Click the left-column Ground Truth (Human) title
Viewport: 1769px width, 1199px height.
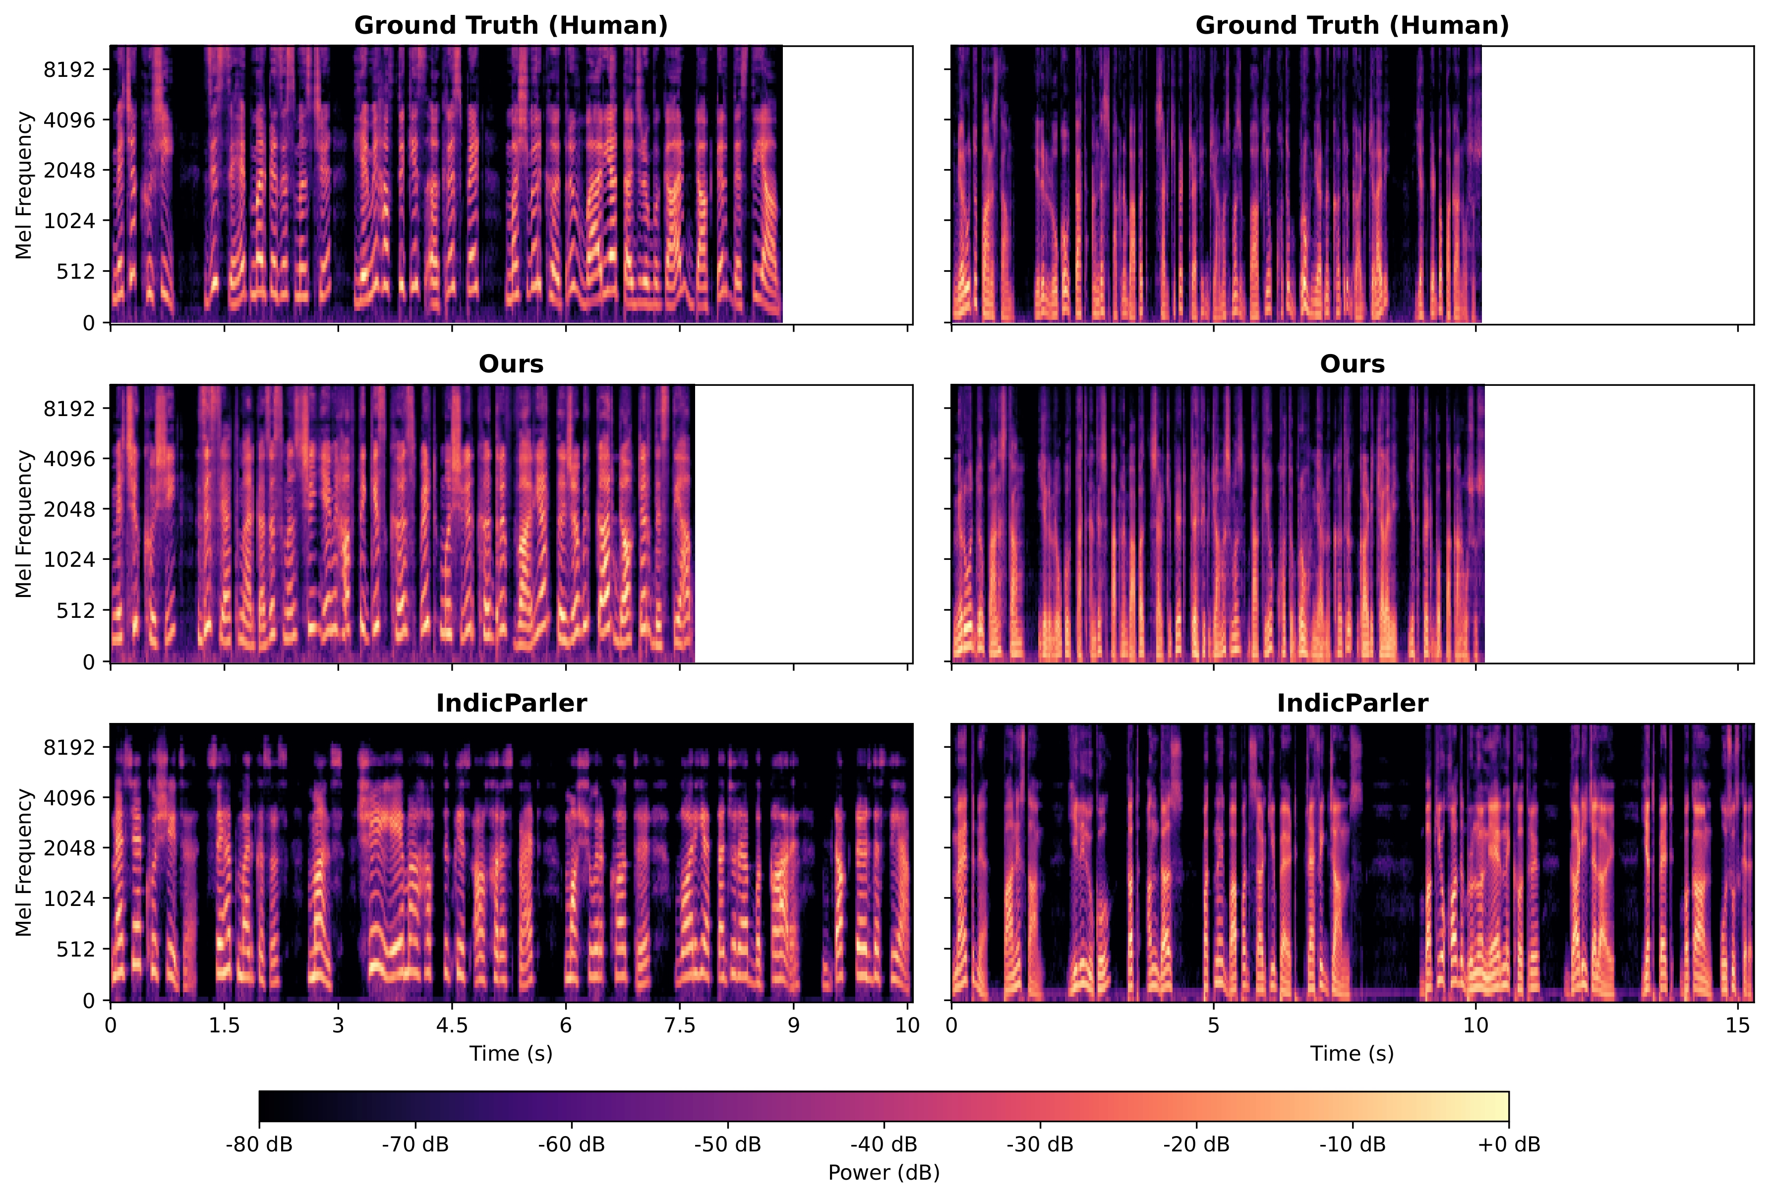pyautogui.click(x=511, y=25)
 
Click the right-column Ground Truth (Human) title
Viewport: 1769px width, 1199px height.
pyautogui.click(x=1352, y=25)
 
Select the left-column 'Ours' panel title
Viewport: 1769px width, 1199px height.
pyautogui.click(x=511, y=364)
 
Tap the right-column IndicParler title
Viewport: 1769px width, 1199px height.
pyautogui.click(x=1352, y=703)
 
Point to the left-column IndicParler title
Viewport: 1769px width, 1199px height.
pyautogui.click(x=511, y=703)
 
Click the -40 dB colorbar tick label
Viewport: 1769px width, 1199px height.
pyautogui.click(x=883, y=1144)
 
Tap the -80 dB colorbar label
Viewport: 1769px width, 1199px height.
pyautogui.click(x=259, y=1144)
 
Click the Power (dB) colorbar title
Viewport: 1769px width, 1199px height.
pyautogui.click(x=883, y=1172)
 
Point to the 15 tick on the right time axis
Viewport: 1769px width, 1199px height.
pyautogui.click(x=1738, y=1025)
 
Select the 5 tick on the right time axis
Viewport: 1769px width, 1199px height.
pyautogui.click(x=1213, y=1025)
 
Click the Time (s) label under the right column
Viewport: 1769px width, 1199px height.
pyautogui.click(x=1352, y=1054)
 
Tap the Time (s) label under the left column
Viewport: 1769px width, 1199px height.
pyautogui.click(x=511, y=1054)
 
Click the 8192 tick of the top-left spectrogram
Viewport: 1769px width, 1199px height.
pyautogui.click(x=69, y=69)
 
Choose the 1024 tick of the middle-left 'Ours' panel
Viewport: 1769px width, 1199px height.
pyautogui.click(x=69, y=559)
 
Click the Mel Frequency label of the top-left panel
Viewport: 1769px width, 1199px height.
pyautogui.click(x=24, y=185)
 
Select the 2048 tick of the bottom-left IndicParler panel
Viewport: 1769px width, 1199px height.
pyautogui.click(x=69, y=848)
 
